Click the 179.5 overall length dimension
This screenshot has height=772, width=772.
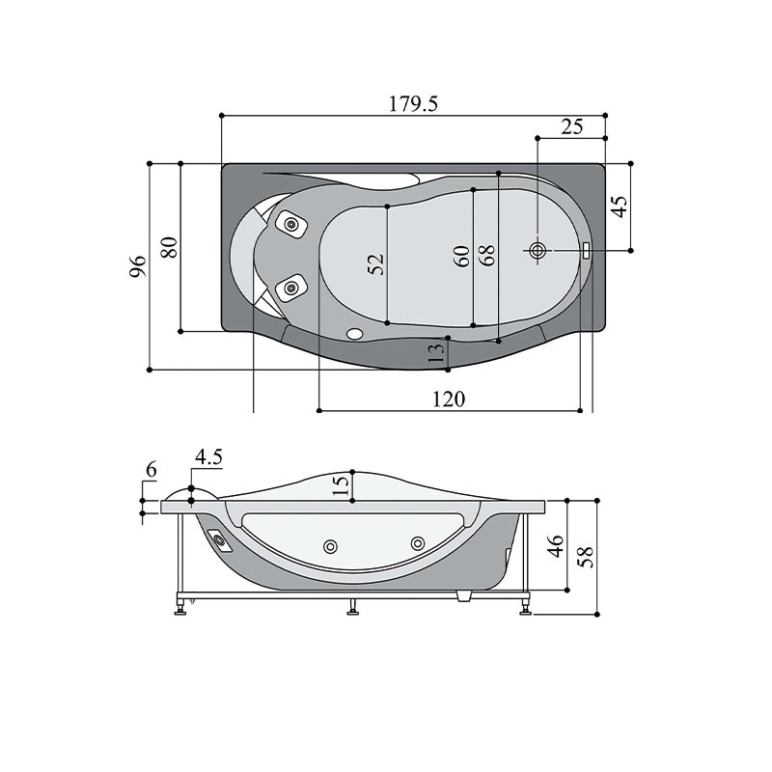point(413,104)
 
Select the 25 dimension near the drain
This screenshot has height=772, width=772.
point(571,126)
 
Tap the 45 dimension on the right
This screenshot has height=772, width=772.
point(619,207)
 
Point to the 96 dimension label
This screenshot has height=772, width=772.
point(138,266)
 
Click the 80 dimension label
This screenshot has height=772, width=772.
point(169,247)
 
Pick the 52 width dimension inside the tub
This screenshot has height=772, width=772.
point(375,264)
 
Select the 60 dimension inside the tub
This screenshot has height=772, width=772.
point(462,256)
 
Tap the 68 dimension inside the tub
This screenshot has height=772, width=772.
point(487,256)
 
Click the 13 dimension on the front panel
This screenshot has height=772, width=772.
point(436,353)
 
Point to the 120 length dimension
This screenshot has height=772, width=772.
point(449,399)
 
